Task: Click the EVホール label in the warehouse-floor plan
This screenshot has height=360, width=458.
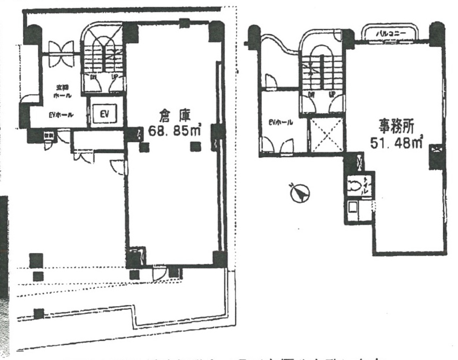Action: click(x=61, y=115)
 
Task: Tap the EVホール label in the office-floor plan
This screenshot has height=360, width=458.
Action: click(x=281, y=123)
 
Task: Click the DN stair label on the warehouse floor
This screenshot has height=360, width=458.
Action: click(x=93, y=77)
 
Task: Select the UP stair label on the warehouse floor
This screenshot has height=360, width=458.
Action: click(x=114, y=77)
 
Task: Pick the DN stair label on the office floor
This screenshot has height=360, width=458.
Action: click(x=311, y=93)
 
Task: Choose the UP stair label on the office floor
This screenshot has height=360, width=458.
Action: click(x=332, y=93)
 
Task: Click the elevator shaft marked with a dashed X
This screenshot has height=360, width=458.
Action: click(x=326, y=135)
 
